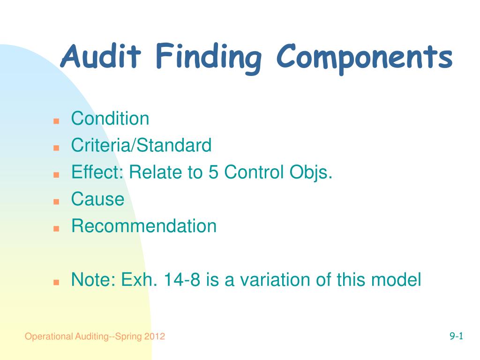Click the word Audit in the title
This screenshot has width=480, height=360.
point(101,56)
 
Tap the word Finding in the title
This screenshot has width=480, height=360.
point(209,58)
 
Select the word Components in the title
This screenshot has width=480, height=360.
point(365,59)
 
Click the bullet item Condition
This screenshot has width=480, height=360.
point(110,118)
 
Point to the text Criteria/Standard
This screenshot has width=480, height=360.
point(142,145)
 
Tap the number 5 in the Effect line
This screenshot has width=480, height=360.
point(213,172)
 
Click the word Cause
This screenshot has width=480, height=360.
point(97,199)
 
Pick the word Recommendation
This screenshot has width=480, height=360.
point(144,226)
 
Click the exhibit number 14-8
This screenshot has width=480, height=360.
point(182,279)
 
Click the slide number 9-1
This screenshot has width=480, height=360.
point(456,336)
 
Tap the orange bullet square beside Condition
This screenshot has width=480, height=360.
point(56,121)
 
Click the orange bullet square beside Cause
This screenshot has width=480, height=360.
point(56,202)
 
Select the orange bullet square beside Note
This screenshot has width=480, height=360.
point(56,282)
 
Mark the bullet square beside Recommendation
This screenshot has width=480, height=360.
point(56,229)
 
